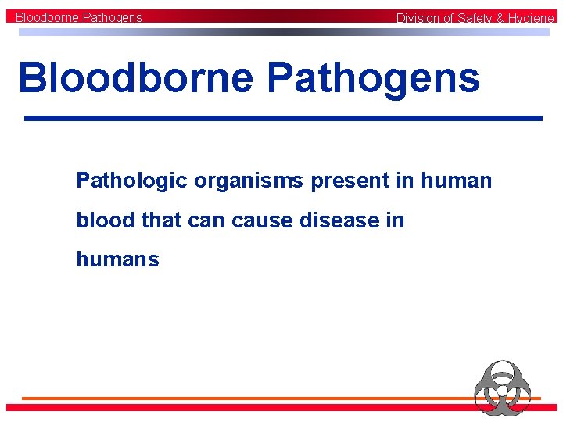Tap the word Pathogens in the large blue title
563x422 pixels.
point(373,78)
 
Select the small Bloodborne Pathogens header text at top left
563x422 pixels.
point(79,16)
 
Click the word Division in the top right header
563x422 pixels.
point(418,18)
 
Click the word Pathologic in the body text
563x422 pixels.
point(131,181)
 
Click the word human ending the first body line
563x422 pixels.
point(457,181)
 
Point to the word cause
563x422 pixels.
point(261,220)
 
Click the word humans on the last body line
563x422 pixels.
point(117,259)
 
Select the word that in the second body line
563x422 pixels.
point(160,220)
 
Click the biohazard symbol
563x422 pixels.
point(502,387)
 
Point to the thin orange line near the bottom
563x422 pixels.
point(235,399)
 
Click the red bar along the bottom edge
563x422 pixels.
point(235,407)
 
